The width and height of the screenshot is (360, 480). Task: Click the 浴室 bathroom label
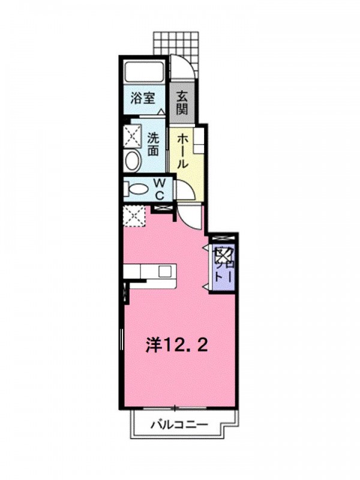[x=143, y=98]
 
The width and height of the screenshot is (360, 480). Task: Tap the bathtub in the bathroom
[x=144, y=71]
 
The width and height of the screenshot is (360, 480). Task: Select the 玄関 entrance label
[x=182, y=103]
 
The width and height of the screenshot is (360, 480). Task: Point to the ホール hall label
[x=182, y=152]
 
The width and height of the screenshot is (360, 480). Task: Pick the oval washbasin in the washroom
[x=133, y=161]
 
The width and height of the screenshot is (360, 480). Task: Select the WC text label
[x=160, y=188]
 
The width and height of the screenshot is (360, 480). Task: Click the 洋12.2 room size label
[x=177, y=346]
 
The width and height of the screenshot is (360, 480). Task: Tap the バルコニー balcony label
[x=179, y=425]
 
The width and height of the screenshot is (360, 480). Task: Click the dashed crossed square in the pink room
[x=133, y=216]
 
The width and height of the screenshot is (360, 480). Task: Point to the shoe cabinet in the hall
[x=199, y=140]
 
